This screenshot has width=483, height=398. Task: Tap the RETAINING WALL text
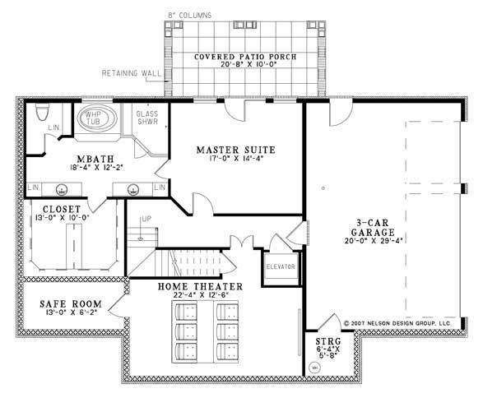(131, 72)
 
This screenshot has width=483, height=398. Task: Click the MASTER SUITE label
(235, 150)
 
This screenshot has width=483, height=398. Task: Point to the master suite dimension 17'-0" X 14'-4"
(235, 159)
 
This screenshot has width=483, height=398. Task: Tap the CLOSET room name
(57, 210)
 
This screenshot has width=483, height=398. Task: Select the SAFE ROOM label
(63, 303)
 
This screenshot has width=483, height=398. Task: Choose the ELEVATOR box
(279, 266)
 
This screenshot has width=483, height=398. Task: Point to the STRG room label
(323, 340)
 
